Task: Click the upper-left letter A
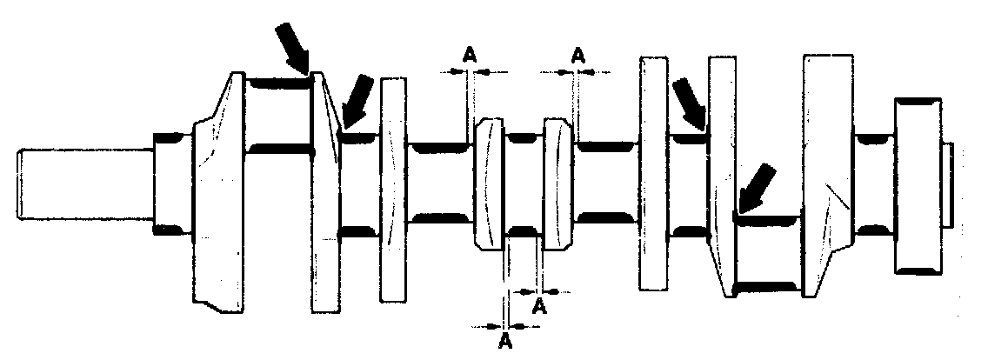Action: pos(469,55)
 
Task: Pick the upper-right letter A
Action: pos(577,55)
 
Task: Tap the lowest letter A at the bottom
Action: pos(505,342)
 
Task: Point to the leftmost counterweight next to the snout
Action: pos(217,191)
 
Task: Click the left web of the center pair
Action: pos(489,184)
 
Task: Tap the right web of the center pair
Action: pos(557,184)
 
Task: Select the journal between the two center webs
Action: pos(523,184)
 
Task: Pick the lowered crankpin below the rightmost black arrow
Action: pos(767,252)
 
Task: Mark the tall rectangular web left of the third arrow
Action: pos(652,174)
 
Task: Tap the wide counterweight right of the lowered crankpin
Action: pos(826,174)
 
